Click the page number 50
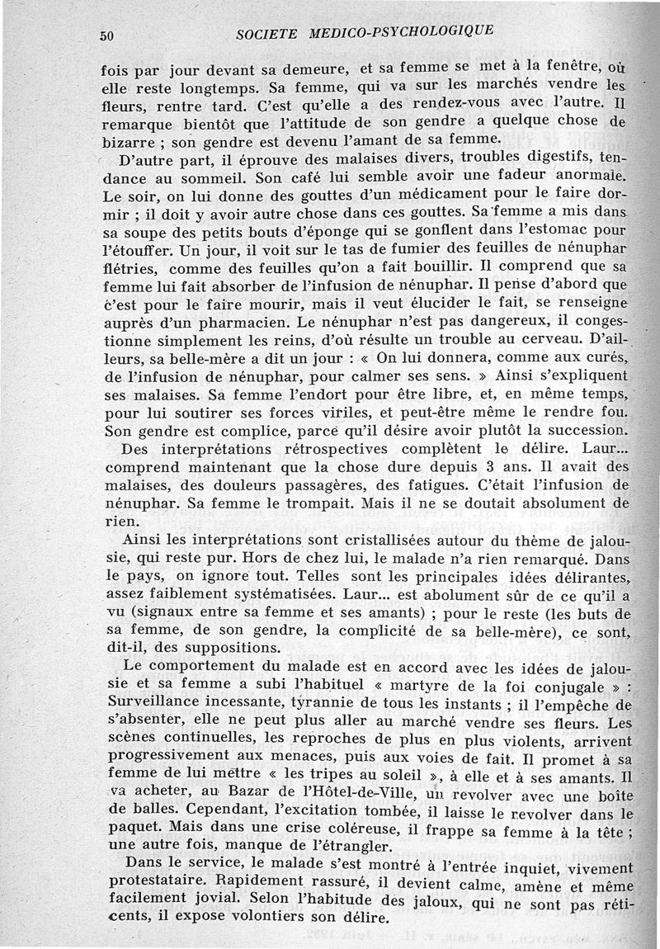106,35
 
